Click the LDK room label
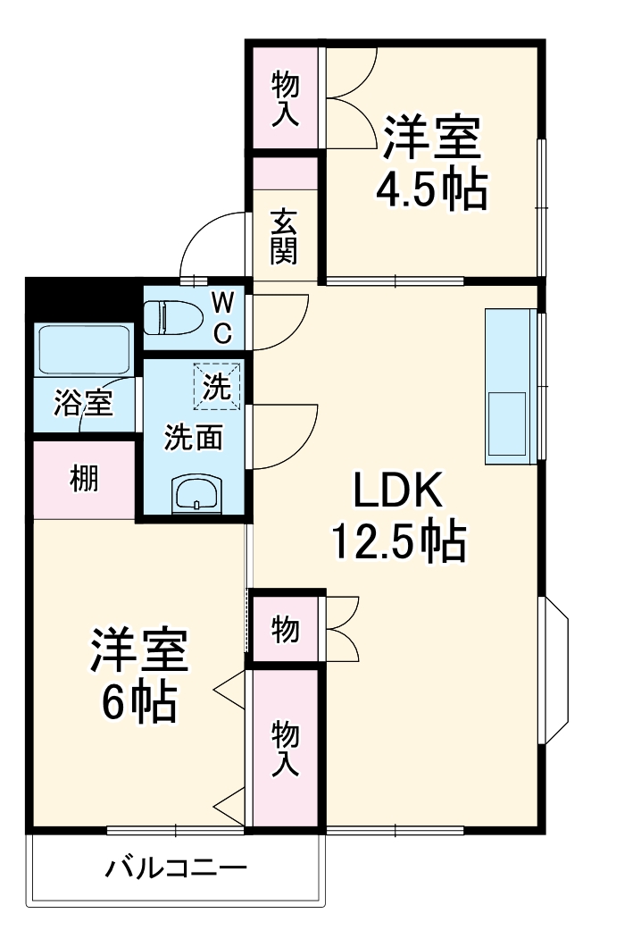(398, 490)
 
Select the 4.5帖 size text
(432, 189)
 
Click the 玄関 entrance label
(284, 236)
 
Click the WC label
(221, 317)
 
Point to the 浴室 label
(82, 404)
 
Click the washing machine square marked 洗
(217, 386)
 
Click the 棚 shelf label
(85, 479)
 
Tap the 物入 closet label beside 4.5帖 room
(285, 97)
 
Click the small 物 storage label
(285, 630)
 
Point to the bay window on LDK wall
(554, 671)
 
